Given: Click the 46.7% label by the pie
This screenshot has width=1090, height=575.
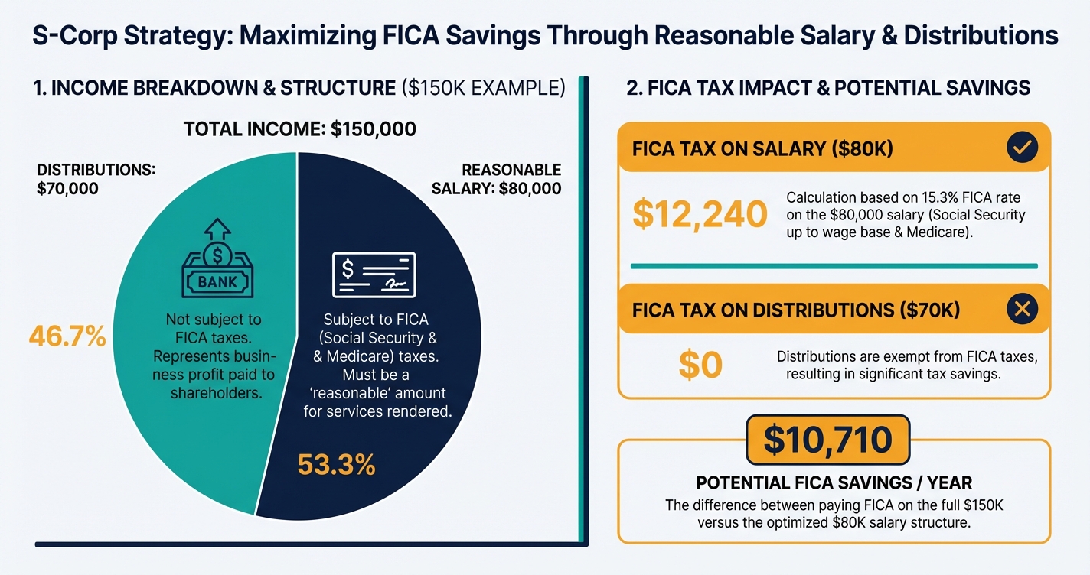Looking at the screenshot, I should coord(67,336).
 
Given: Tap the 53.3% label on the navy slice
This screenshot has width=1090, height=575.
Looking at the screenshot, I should coord(336,464).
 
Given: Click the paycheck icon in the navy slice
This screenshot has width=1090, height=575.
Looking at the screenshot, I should coord(374,274).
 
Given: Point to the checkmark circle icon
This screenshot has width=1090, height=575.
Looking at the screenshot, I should coord(1022,148).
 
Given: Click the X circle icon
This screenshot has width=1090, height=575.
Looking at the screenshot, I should coord(1022,309).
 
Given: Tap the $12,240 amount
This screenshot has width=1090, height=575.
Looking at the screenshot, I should coord(700,214).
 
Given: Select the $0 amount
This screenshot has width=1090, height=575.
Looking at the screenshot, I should coord(700,365).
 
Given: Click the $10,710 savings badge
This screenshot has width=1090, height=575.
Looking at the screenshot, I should coord(827,440).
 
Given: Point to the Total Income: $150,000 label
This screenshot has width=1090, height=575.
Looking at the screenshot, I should coord(300,128).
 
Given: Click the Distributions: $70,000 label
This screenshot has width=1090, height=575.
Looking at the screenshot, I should coord(96,178).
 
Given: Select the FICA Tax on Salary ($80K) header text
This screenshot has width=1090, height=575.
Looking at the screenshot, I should coord(762,148).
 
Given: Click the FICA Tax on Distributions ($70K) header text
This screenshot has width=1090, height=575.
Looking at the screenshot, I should coord(796,310).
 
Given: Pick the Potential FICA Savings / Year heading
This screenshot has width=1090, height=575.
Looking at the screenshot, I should coord(834,483).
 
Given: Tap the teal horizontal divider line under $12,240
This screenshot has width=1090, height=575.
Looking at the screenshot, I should coord(834,266).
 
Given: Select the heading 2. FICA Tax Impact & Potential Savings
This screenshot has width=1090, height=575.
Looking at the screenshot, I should coord(828,88).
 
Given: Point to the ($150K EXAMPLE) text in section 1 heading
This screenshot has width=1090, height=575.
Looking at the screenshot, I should coord(483,88).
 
